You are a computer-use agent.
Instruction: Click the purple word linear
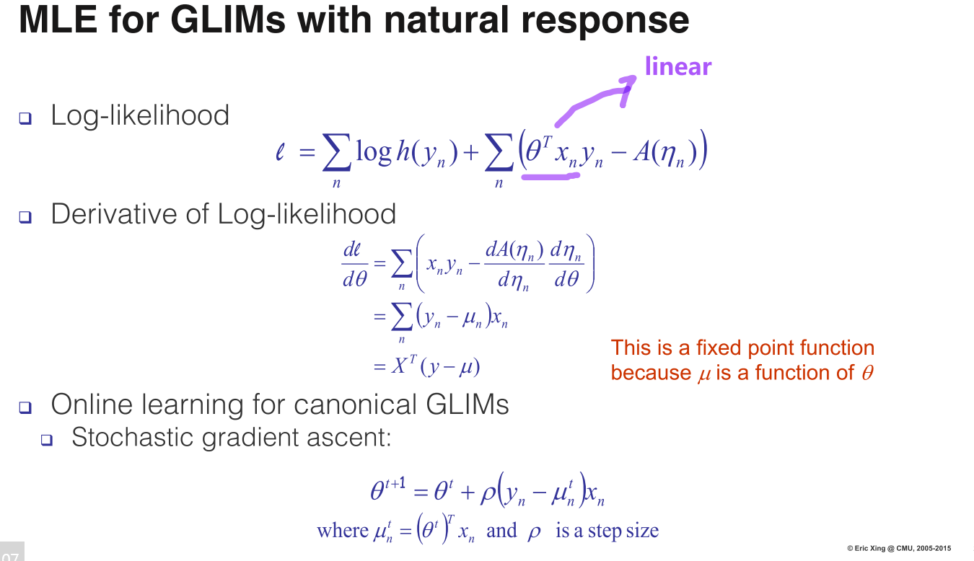coord(677,66)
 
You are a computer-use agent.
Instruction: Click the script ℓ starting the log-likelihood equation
coord(281,153)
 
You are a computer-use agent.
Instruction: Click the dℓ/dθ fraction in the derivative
coord(354,265)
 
